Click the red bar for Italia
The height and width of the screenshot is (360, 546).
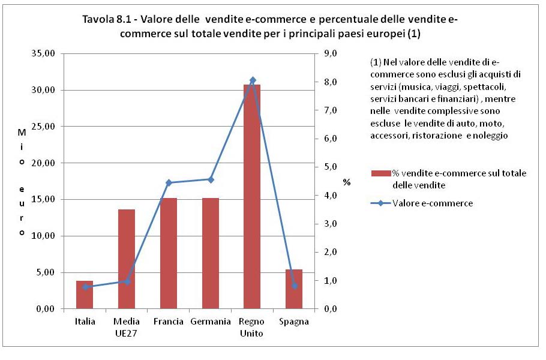(x=85, y=295)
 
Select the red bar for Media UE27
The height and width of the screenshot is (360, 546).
(x=127, y=259)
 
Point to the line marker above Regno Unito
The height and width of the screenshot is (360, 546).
(x=252, y=80)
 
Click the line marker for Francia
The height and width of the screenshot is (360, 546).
(x=169, y=182)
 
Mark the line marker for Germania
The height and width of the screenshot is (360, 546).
(x=211, y=179)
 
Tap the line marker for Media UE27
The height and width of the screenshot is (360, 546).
(x=127, y=281)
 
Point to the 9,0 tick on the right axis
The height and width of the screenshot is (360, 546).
(x=329, y=54)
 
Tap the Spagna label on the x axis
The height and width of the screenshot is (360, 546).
(x=294, y=322)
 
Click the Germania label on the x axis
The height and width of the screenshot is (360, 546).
(x=211, y=322)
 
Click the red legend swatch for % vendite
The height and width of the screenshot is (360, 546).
(x=381, y=173)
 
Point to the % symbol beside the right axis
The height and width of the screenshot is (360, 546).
(x=346, y=181)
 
